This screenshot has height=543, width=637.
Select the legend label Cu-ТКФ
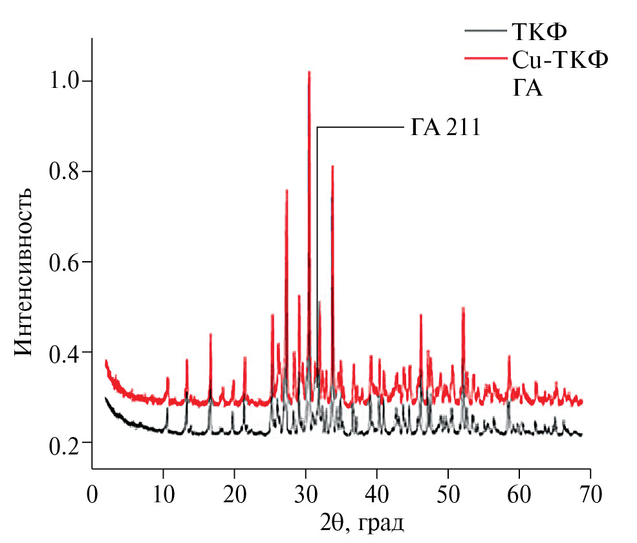pos(561,59)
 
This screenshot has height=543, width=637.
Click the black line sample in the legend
pos(485,30)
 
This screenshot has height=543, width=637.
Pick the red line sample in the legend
pos(485,59)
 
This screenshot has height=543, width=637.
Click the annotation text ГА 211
pos(446,127)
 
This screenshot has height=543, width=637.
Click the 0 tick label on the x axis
pos(92,496)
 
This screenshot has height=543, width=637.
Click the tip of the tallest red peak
pos(309,72)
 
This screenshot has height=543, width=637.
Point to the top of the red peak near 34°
pos(332,167)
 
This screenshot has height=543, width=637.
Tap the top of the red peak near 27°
pos(286,191)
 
